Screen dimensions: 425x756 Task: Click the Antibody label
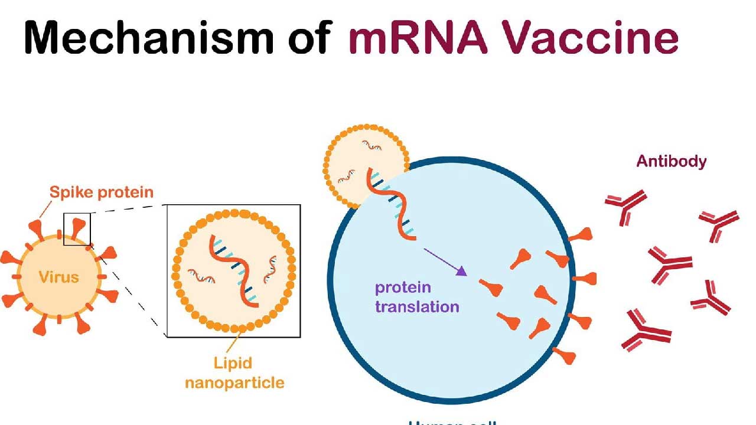[671, 161]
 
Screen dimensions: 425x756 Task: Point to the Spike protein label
[101, 192]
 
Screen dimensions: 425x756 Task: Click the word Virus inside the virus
[58, 276]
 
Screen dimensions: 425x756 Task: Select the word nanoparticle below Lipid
[234, 382]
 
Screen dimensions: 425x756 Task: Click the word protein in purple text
[403, 288]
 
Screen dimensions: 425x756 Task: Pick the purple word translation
[417, 307]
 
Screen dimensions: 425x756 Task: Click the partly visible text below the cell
[452, 421]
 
